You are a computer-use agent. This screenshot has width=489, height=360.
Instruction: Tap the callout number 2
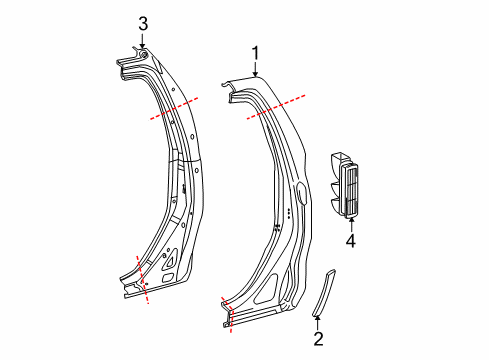318,340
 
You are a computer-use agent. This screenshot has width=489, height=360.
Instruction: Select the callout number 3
143,22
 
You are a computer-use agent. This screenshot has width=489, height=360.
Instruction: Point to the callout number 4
350,240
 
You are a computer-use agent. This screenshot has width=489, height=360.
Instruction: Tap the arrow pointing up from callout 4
350,224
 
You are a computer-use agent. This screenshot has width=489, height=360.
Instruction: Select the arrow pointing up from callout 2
318,321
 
